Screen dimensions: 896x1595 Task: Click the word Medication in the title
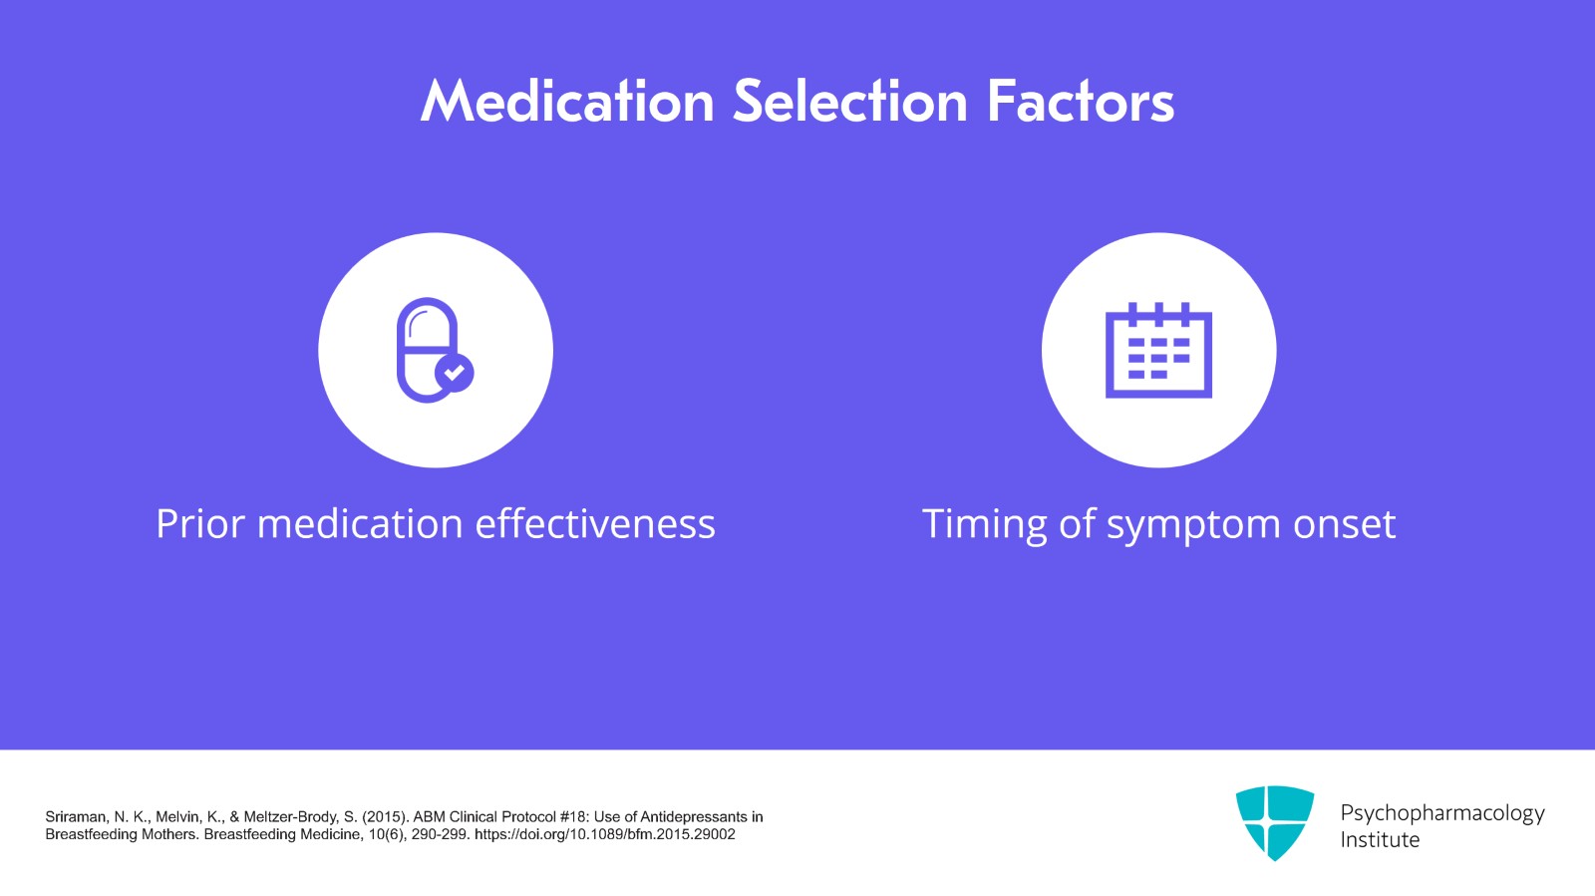click(x=567, y=102)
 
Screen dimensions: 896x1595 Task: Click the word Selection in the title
click(x=850, y=102)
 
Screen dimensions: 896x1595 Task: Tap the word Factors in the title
click(x=1081, y=102)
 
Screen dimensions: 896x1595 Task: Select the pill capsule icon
click(x=428, y=349)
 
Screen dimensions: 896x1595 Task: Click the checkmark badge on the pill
click(x=455, y=373)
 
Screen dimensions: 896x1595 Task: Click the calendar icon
click(x=1158, y=350)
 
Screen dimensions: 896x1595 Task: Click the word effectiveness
click(x=595, y=524)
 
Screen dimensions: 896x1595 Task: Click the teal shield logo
click(x=1274, y=822)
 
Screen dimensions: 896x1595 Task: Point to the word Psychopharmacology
click(x=1441, y=813)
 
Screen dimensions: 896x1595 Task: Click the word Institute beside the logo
click(x=1380, y=840)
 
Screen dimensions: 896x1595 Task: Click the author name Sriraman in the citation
click(x=76, y=816)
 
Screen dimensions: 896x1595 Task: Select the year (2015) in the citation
click(x=386, y=816)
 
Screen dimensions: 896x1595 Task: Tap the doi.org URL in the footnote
click(x=604, y=834)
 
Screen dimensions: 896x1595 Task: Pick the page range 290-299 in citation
click(x=440, y=834)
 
